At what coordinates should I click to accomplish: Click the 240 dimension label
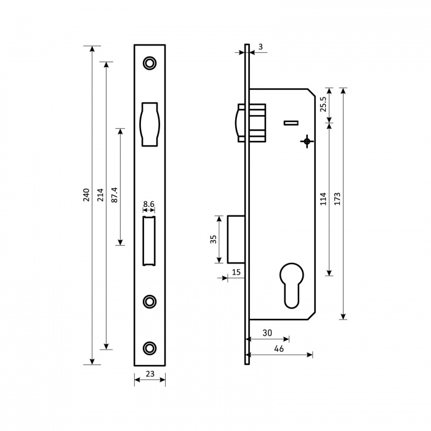click(x=86, y=195)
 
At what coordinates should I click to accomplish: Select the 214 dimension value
click(x=100, y=195)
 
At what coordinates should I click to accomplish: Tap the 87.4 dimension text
click(x=115, y=195)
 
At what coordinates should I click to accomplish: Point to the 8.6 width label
click(x=149, y=204)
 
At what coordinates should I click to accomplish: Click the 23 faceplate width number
click(x=150, y=374)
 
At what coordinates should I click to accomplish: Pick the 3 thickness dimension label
click(x=260, y=47)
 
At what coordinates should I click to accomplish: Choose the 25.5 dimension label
click(x=323, y=104)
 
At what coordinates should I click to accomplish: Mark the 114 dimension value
click(x=323, y=199)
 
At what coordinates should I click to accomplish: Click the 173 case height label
click(x=337, y=199)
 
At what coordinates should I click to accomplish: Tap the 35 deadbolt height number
click(x=213, y=239)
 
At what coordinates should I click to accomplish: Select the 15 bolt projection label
click(x=236, y=272)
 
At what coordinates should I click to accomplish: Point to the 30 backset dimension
click(x=267, y=333)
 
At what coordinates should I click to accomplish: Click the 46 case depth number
click(x=279, y=349)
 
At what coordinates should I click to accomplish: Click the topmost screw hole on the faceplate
click(x=150, y=63)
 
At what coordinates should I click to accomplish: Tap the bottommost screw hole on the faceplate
click(x=150, y=348)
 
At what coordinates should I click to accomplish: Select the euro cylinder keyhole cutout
click(x=292, y=284)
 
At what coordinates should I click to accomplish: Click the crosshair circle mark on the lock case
click(x=307, y=142)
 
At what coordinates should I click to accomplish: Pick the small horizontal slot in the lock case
click(x=291, y=123)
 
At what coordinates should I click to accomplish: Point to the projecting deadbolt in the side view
click(x=236, y=239)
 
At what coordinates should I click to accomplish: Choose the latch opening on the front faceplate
click(x=150, y=124)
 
